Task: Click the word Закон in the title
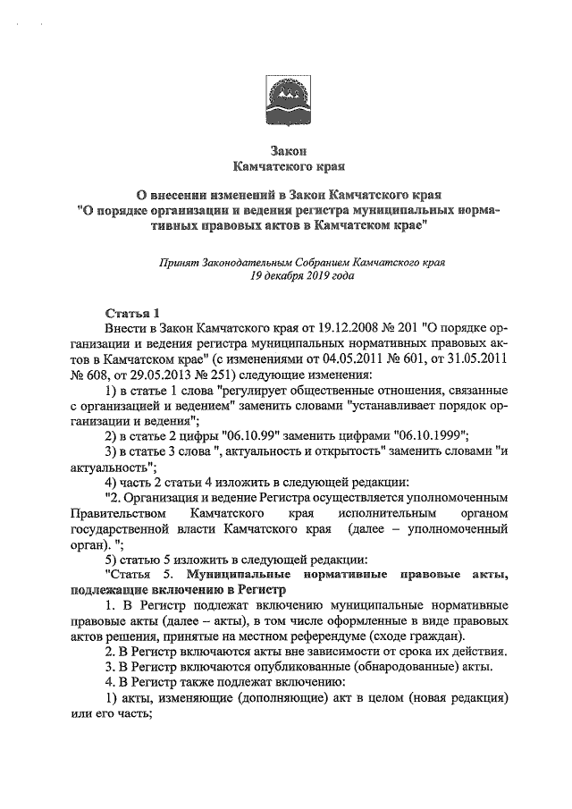pos(288,151)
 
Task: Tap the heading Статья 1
pos(132,313)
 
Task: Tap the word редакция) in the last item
pos(477,696)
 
